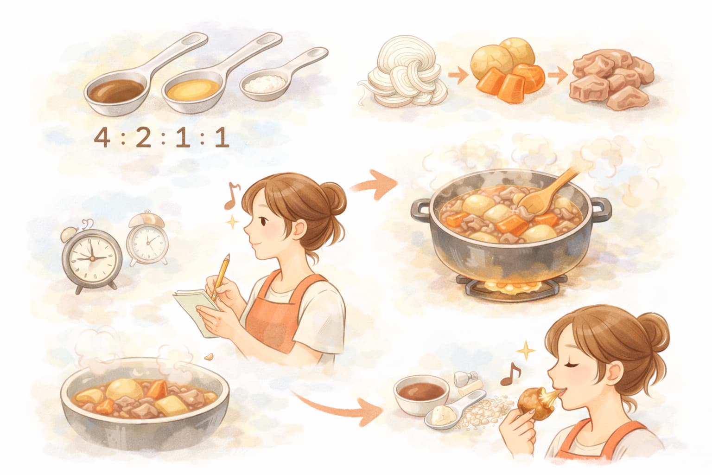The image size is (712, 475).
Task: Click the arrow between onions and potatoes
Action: [458, 76]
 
